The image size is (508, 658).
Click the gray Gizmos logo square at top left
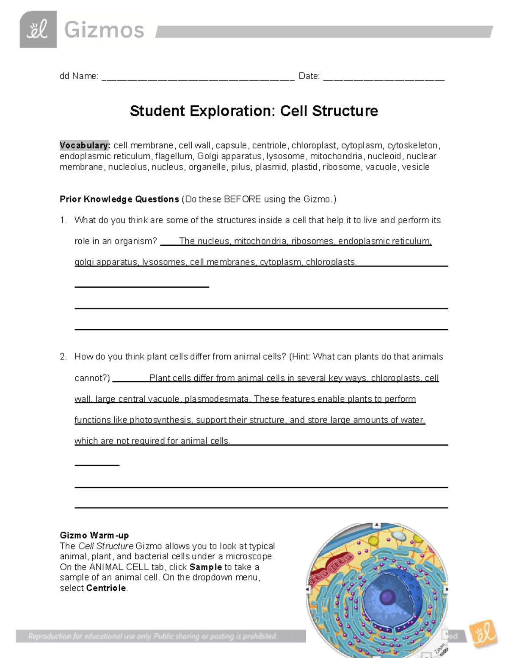tap(38, 29)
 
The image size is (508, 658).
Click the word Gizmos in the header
tap(104, 31)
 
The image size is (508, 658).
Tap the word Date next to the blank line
tap(309, 76)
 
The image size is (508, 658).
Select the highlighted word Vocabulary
tap(84, 145)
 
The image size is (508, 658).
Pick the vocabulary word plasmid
tap(271, 167)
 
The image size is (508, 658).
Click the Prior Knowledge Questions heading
tap(119, 199)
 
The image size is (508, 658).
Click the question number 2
tap(63, 357)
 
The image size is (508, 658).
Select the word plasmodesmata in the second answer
tap(217, 399)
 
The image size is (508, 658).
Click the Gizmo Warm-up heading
tap(94, 535)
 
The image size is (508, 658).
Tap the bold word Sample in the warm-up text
tap(206, 567)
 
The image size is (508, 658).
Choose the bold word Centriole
tap(106, 588)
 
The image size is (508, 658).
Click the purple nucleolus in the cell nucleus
tap(387, 598)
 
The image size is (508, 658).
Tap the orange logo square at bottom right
tap(483, 634)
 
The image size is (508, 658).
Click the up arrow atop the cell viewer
tap(376, 525)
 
